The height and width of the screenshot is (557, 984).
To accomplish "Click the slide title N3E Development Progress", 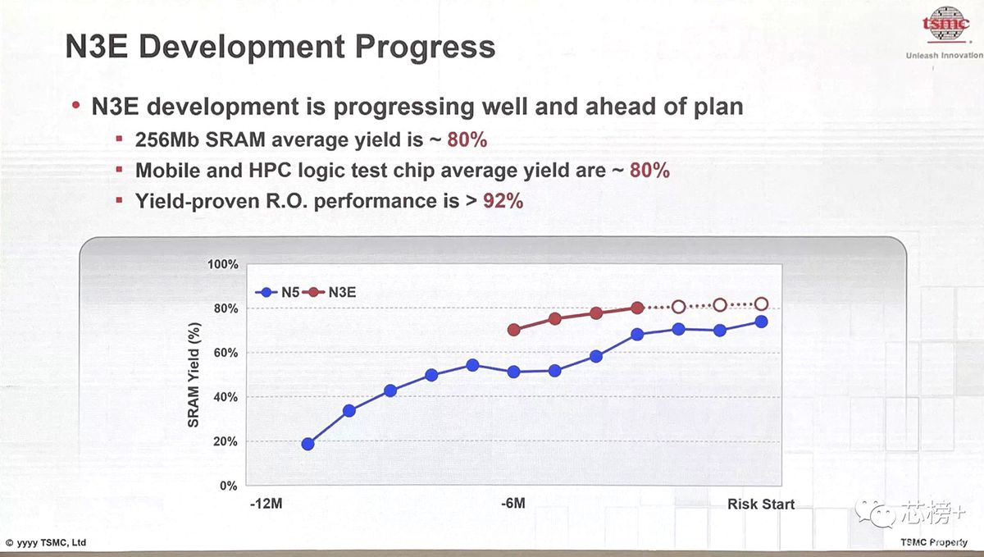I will [x=280, y=47].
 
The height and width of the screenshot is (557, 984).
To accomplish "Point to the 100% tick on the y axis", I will [x=223, y=264].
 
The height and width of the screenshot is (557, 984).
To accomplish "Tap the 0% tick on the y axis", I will [x=228, y=486].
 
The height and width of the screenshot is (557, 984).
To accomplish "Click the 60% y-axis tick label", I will [x=225, y=353].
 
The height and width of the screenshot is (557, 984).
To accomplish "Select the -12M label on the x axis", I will [x=266, y=504].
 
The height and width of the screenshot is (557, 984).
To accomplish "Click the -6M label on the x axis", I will [x=513, y=504].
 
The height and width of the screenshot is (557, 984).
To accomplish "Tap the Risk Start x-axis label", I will [x=760, y=504].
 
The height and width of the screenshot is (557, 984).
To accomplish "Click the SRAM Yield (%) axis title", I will [x=194, y=375].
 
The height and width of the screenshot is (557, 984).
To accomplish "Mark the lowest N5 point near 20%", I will [x=308, y=444].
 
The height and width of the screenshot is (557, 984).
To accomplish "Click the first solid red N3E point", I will [x=514, y=330].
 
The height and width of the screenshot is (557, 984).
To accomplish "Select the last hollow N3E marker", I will [x=761, y=304].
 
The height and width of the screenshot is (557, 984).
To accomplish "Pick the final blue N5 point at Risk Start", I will [x=761, y=322].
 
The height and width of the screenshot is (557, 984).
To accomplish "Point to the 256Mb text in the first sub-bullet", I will [x=164, y=140].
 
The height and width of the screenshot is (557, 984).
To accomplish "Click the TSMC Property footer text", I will [x=934, y=542].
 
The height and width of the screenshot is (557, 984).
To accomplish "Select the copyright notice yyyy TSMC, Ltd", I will [x=46, y=543].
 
